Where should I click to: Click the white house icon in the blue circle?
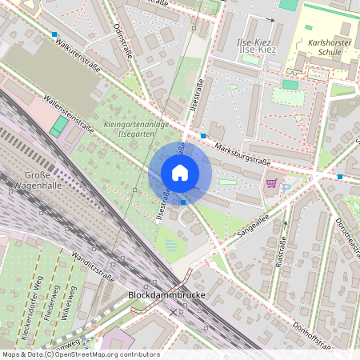[x=180, y=172]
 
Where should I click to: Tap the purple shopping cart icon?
[x=271, y=183]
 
